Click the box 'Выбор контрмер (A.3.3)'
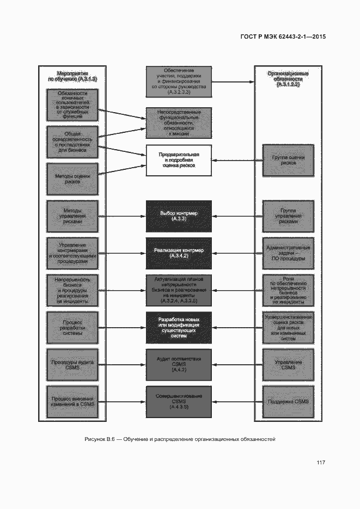(x=179, y=216)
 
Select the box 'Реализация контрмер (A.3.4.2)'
(x=179, y=253)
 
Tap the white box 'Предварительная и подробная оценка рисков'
(x=179, y=160)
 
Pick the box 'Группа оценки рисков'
(x=288, y=160)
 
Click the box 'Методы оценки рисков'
(x=72, y=179)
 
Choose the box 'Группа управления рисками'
(x=288, y=216)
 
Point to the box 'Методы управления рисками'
(x=72, y=216)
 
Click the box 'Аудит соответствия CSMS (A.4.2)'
(x=179, y=364)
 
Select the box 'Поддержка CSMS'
(x=288, y=401)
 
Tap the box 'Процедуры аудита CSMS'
(x=72, y=364)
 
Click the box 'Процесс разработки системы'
(x=72, y=327)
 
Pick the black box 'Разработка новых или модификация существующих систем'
(x=179, y=327)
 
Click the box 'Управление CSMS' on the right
(x=288, y=364)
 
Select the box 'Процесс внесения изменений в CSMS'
(x=72, y=401)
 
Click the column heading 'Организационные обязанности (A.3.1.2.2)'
(x=288, y=79)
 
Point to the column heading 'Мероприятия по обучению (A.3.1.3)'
(x=72, y=76)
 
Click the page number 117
(x=321, y=463)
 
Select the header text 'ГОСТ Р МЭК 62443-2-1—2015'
(x=283, y=37)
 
